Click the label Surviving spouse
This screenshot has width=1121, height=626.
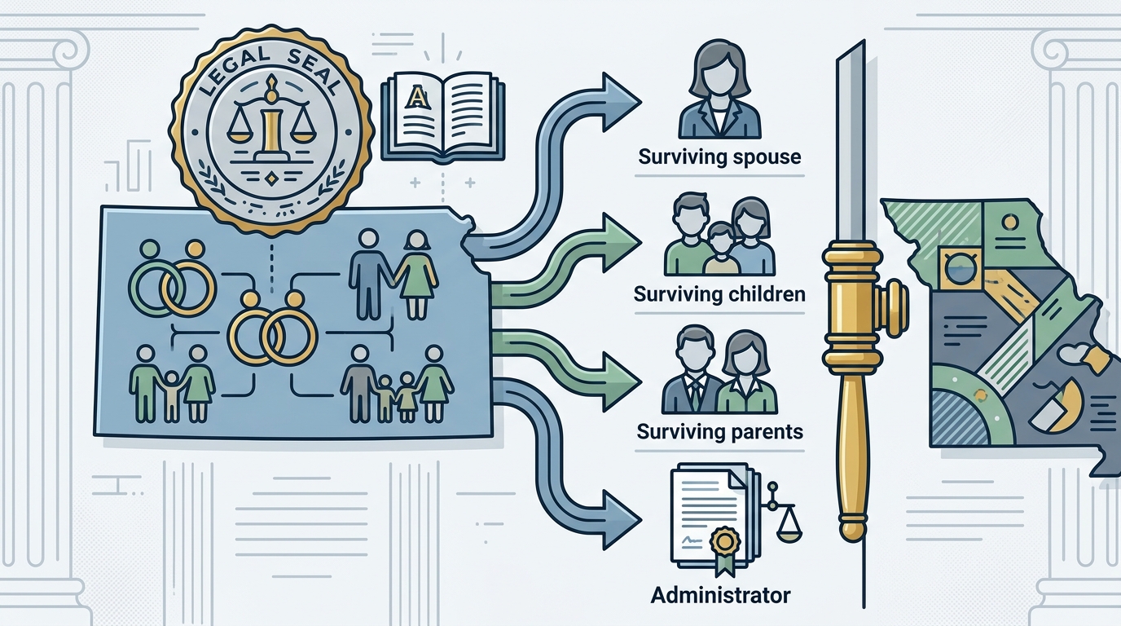pyautogui.click(x=719, y=157)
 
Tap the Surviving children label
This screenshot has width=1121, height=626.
pyautogui.click(x=719, y=294)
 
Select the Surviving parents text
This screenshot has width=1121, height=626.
pyautogui.click(x=719, y=431)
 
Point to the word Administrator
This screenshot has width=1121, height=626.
pyautogui.click(x=721, y=596)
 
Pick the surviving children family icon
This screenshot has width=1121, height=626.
pyautogui.click(x=719, y=236)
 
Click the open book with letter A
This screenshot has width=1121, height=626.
pyautogui.click(x=443, y=117)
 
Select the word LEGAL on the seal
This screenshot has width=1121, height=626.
pyautogui.click(x=229, y=71)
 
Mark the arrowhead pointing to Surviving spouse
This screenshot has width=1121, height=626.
pyautogui.click(x=621, y=102)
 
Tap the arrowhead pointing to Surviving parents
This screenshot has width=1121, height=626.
pyautogui.click(x=621, y=381)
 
